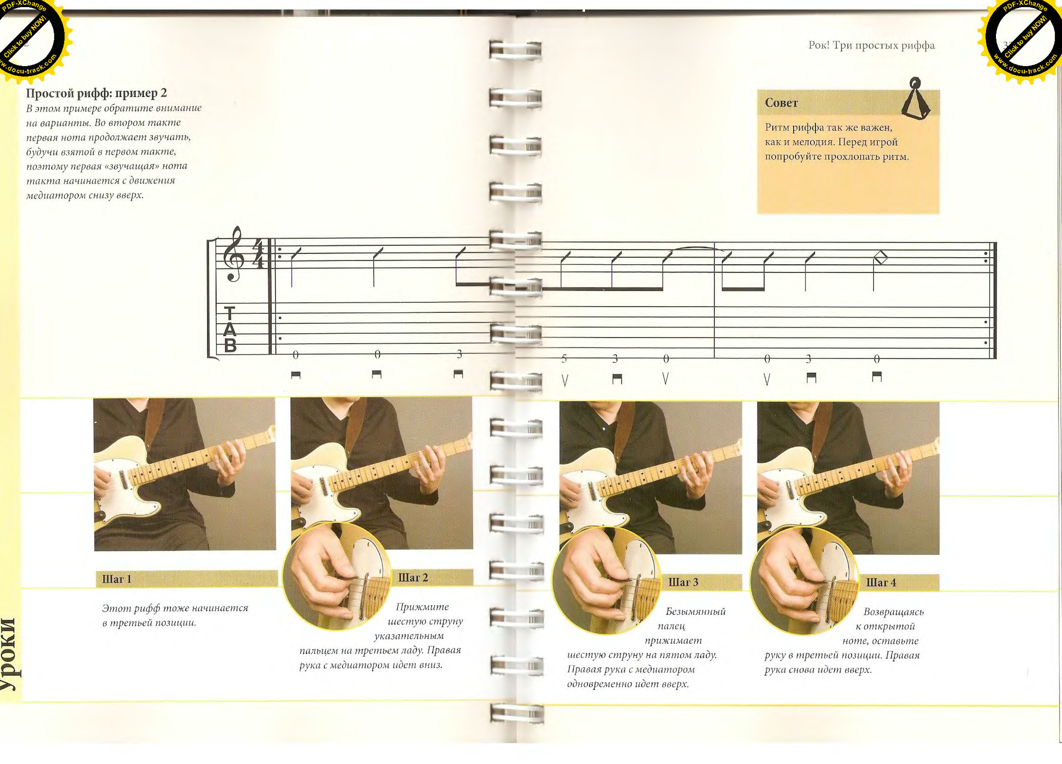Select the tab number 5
point(564,358)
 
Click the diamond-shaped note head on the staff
point(881,257)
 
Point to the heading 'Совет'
point(781,103)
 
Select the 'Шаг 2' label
point(413,577)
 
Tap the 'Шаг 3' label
point(683,582)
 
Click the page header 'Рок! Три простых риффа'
point(871,45)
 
